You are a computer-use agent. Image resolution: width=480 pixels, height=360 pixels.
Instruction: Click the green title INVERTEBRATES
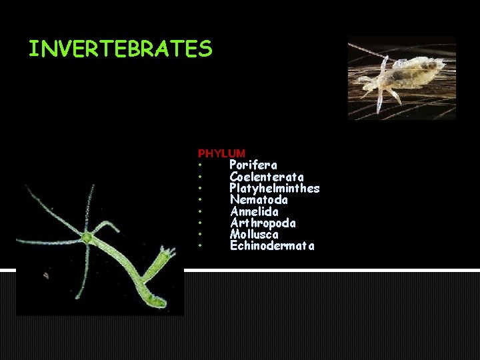[120, 49]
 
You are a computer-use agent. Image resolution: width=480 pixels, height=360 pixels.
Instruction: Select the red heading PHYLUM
[221, 153]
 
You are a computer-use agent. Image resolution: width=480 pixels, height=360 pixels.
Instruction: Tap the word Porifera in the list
[253, 165]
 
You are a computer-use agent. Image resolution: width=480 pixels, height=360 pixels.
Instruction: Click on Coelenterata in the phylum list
[267, 177]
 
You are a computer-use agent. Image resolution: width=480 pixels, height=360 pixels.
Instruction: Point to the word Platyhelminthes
[275, 189]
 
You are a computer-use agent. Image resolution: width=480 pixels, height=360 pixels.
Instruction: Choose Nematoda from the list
[259, 200]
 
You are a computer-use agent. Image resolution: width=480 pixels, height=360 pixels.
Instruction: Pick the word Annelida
[254, 212]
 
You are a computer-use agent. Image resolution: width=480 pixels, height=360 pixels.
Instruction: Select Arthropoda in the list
[263, 223]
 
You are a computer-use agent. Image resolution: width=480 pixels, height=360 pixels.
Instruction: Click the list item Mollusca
[254, 235]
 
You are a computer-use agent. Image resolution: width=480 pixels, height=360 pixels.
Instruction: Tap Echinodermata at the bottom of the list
[272, 246]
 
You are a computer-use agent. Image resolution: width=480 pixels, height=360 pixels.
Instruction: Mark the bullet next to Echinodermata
[200, 247]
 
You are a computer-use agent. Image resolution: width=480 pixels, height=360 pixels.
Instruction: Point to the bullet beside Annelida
[200, 212]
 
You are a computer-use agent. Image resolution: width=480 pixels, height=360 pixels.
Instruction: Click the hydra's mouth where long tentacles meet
[87, 237]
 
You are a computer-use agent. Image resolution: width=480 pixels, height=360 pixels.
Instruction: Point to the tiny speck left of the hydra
[46, 275]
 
